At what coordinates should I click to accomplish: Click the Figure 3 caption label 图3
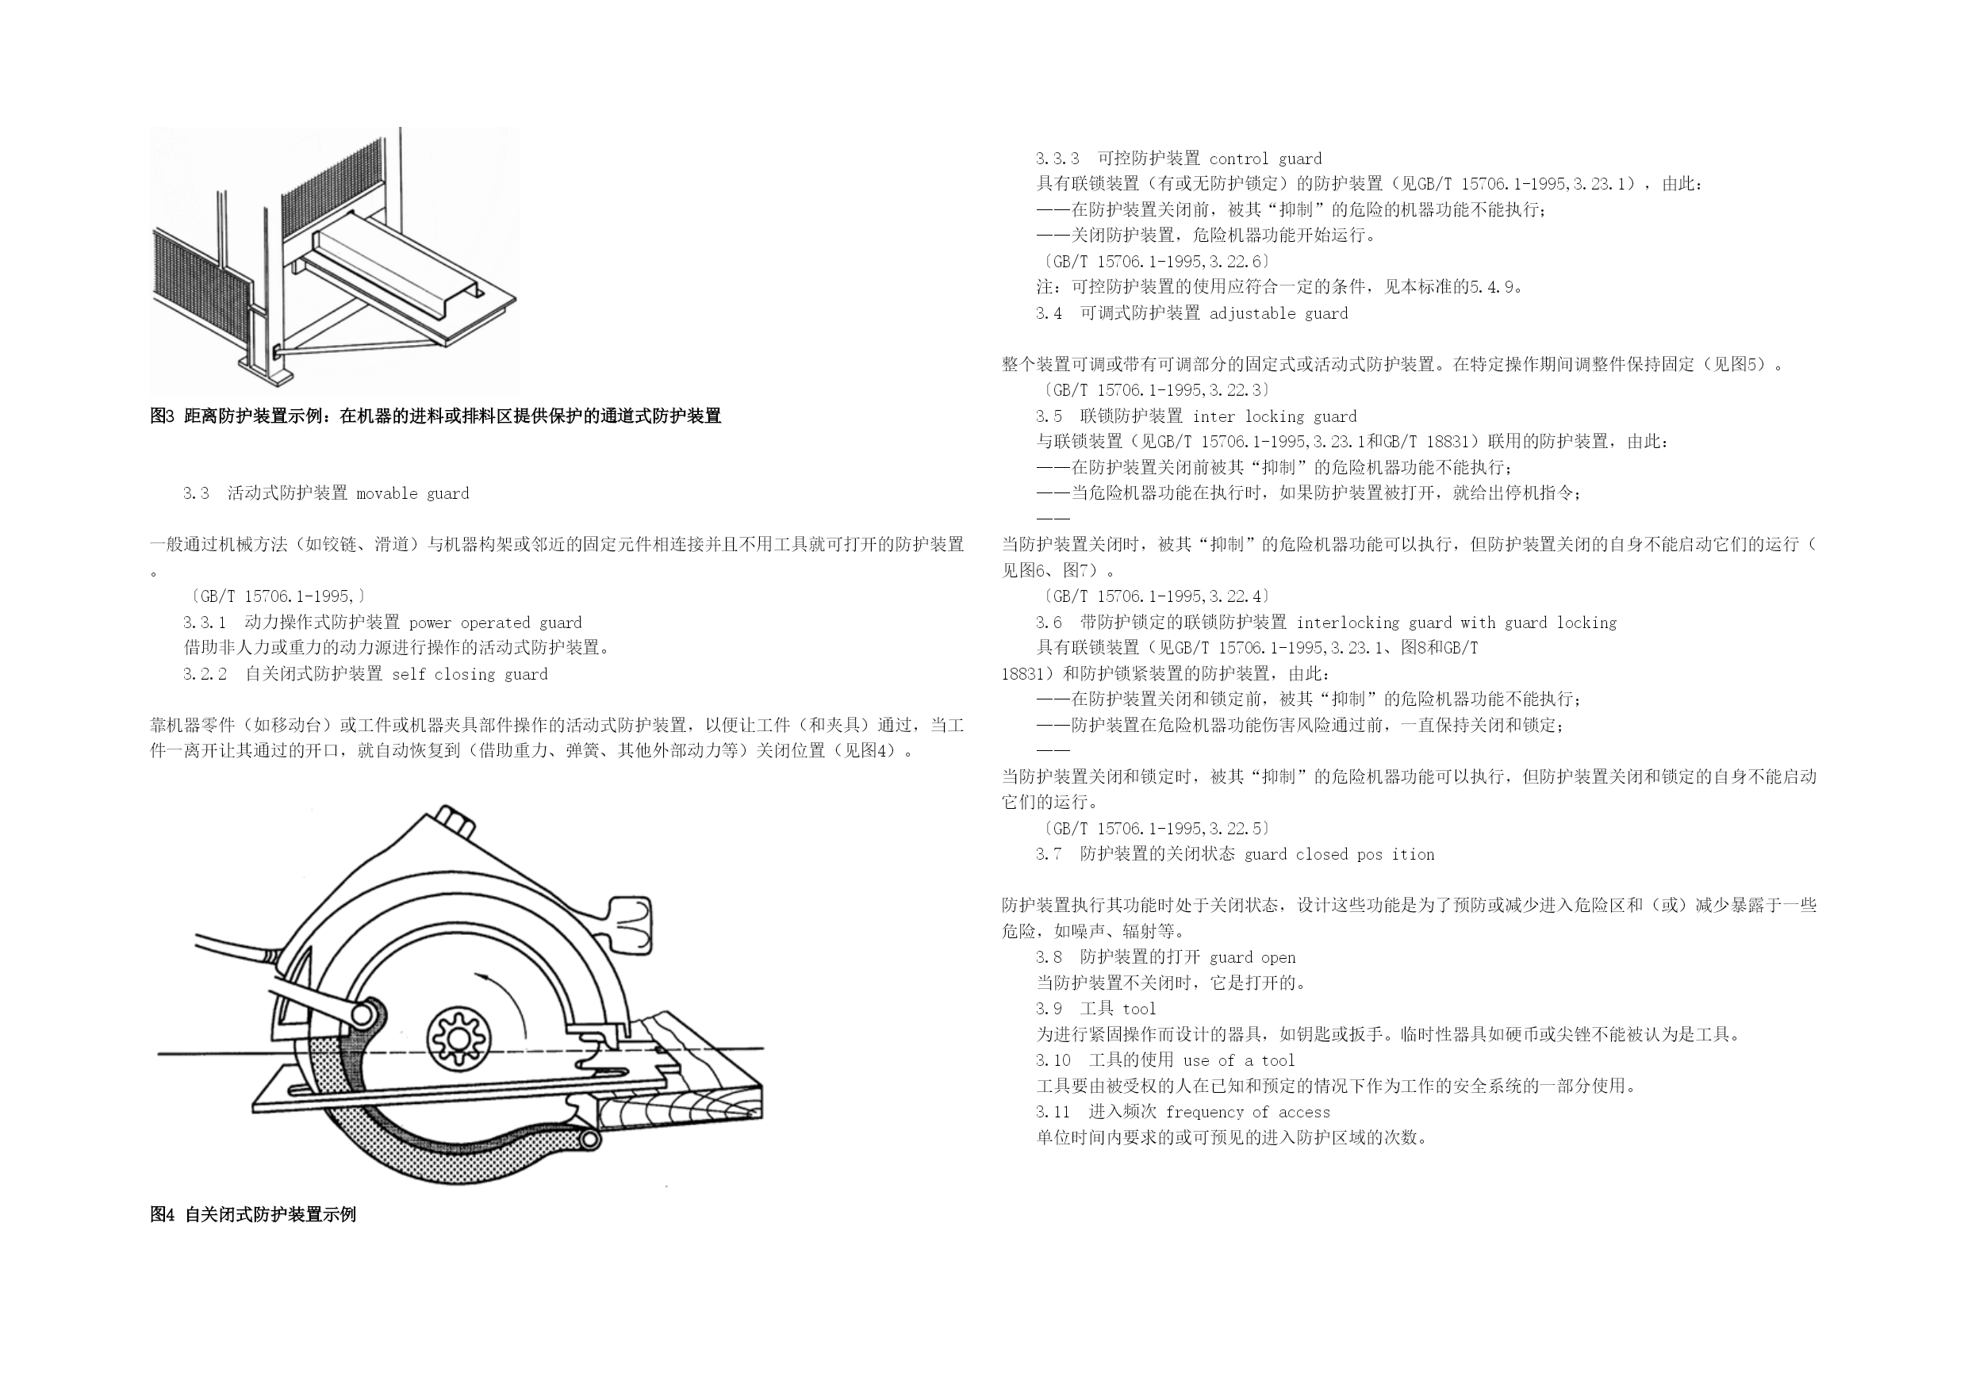pyautogui.click(x=162, y=416)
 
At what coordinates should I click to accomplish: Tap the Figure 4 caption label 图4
pyautogui.click(x=162, y=1214)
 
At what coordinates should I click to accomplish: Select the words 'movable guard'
pyautogui.click(x=412, y=493)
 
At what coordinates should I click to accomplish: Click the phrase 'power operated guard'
pyautogui.click(x=496, y=623)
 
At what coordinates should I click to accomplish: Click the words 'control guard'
pyautogui.click(x=1265, y=159)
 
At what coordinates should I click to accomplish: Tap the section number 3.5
pyautogui.click(x=1049, y=416)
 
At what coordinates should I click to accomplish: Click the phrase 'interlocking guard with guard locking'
pyautogui.click(x=1456, y=623)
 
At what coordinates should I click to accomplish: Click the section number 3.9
pyautogui.click(x=1049, y=1009)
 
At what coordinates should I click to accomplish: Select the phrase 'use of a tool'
pyautogui.click(x=1238, y=1061)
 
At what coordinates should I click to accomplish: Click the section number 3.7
pyautogui.click(x=1049, y=854)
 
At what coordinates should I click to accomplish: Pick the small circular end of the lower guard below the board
pyautogui.click(x=589, y=1138)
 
